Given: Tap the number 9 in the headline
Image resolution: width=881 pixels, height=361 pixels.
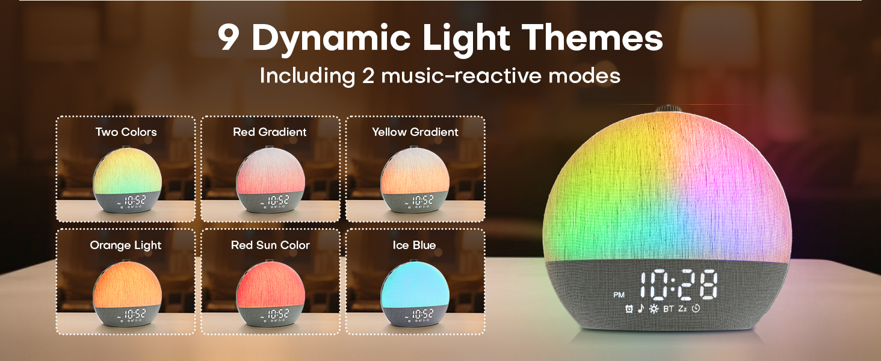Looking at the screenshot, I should pyautogui.click(x=229, y=39).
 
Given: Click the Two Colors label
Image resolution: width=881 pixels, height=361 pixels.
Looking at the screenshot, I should pyautogui.click(x=126, y=132).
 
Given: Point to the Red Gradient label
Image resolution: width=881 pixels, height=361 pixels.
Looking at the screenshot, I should pyautogui.click(x=270, y=132).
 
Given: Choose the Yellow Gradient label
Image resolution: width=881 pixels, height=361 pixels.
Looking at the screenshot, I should pyautogui.click(x=415, y=132).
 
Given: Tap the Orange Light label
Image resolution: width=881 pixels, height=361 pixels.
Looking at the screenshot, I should pyautogui.click(x=126, y=245).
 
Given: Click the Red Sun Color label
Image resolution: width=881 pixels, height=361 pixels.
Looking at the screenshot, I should pyautogui.click(x=270, y=245).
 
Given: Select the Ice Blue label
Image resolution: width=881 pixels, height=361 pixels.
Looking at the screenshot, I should pyautogui.click(x=414, y=245).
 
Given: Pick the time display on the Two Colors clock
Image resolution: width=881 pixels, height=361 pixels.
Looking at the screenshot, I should pyautogui.click(x=133, y=200).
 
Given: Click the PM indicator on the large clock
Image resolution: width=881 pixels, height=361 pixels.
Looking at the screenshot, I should pyautogui.click(x=619, y=295).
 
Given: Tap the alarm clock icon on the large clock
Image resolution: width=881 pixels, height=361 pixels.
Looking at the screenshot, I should pyautogui.click(x=629, y=309).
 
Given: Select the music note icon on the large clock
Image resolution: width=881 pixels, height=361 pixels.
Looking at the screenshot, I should pyautogui.click(x=640, y=309).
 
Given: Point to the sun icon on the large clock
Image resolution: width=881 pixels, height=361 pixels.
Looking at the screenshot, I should pyautogui.click(x=653, y=309).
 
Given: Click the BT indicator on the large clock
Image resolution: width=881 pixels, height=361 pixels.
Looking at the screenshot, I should pyautogui.click(x=669, y=309).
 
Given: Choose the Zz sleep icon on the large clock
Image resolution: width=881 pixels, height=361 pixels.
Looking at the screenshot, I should pyautogui.click(x=683, y=309).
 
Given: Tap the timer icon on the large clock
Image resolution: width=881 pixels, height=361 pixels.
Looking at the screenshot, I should pyautogui.click(x=696, y=309).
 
